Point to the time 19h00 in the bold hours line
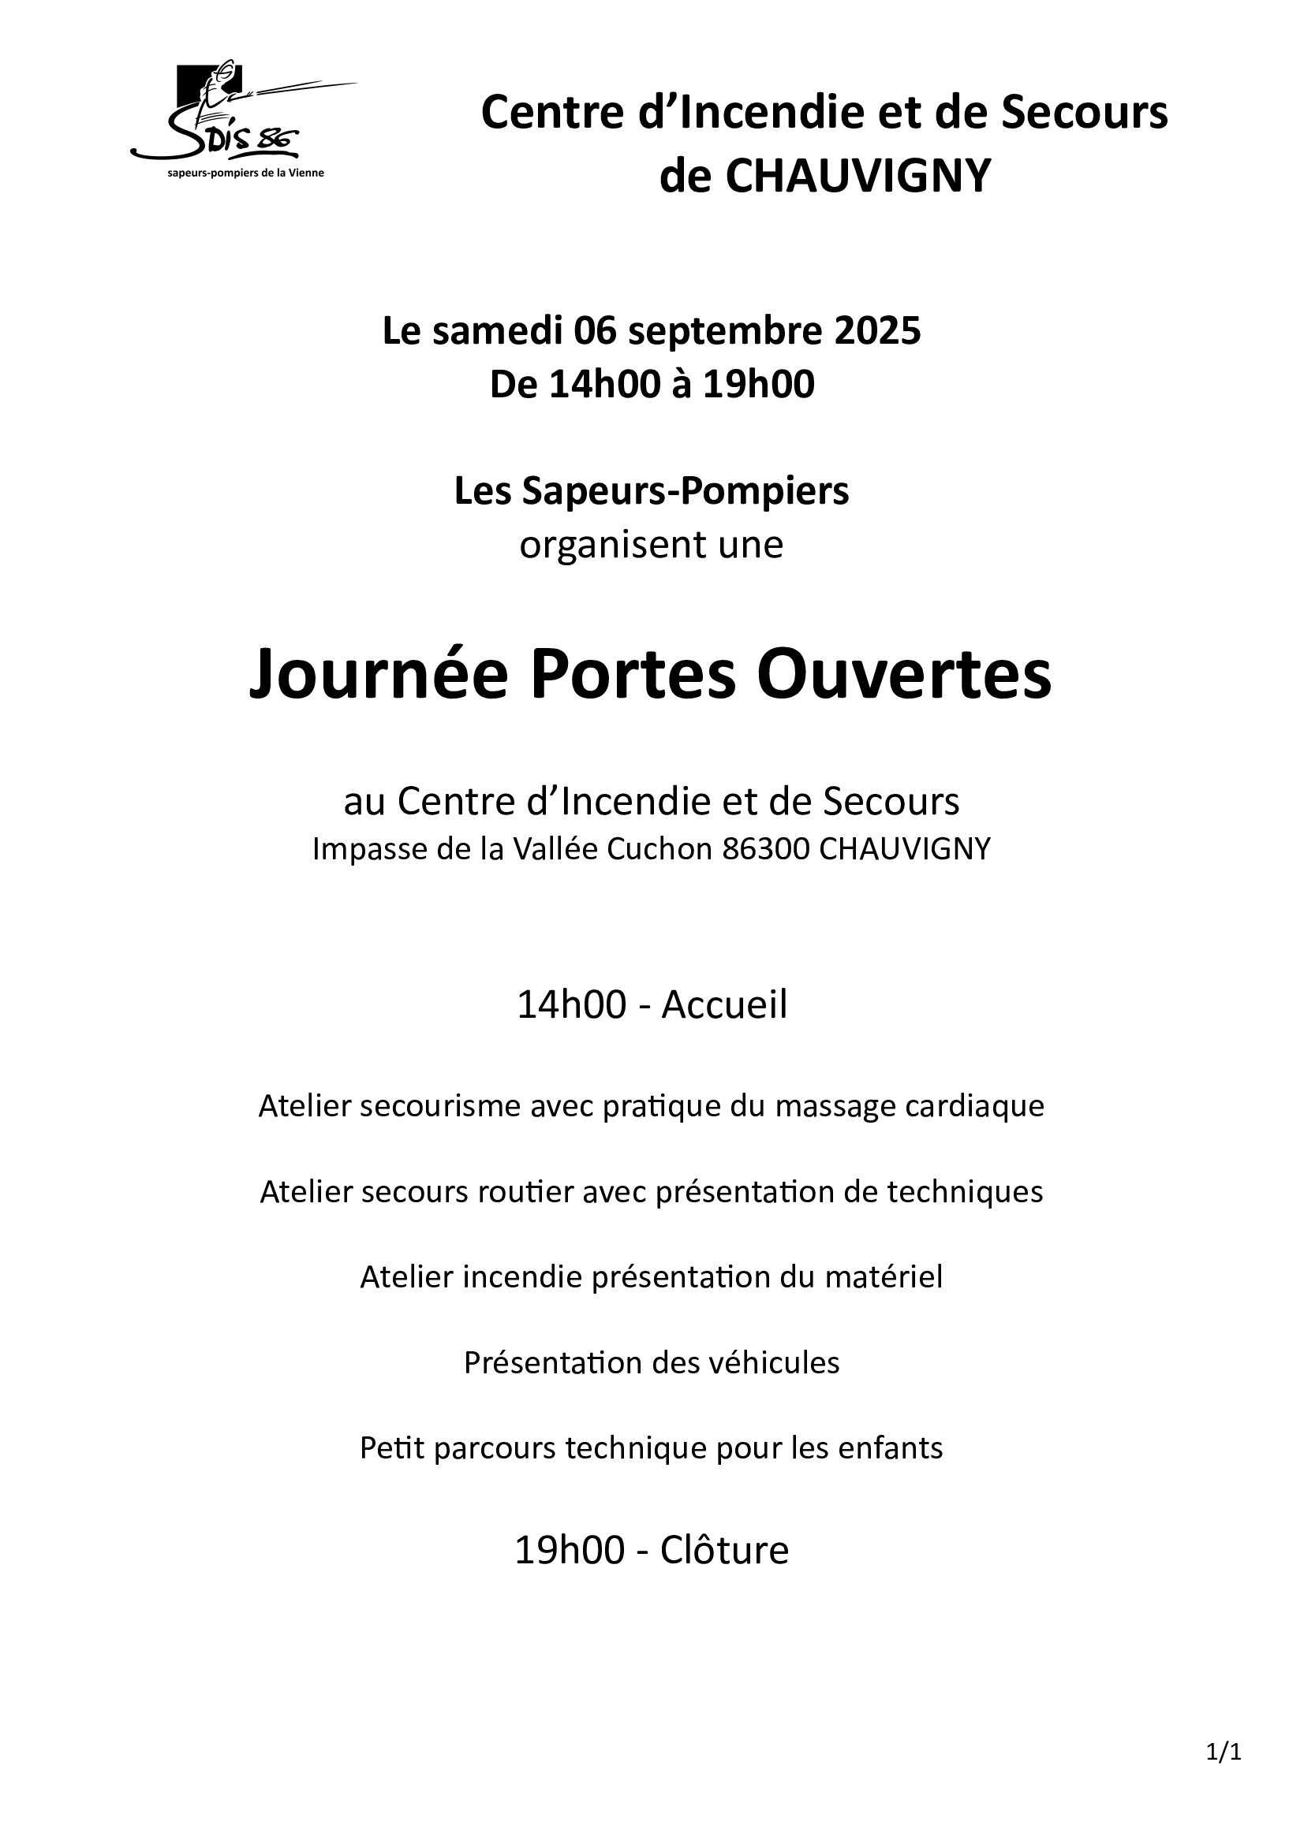(758, 384)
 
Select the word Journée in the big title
(379, 676)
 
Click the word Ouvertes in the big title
(904, 676)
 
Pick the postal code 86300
(766, 849)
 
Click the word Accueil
(724, 1004)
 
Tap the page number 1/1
(1224, 1752)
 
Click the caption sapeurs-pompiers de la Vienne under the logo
(245, 173)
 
